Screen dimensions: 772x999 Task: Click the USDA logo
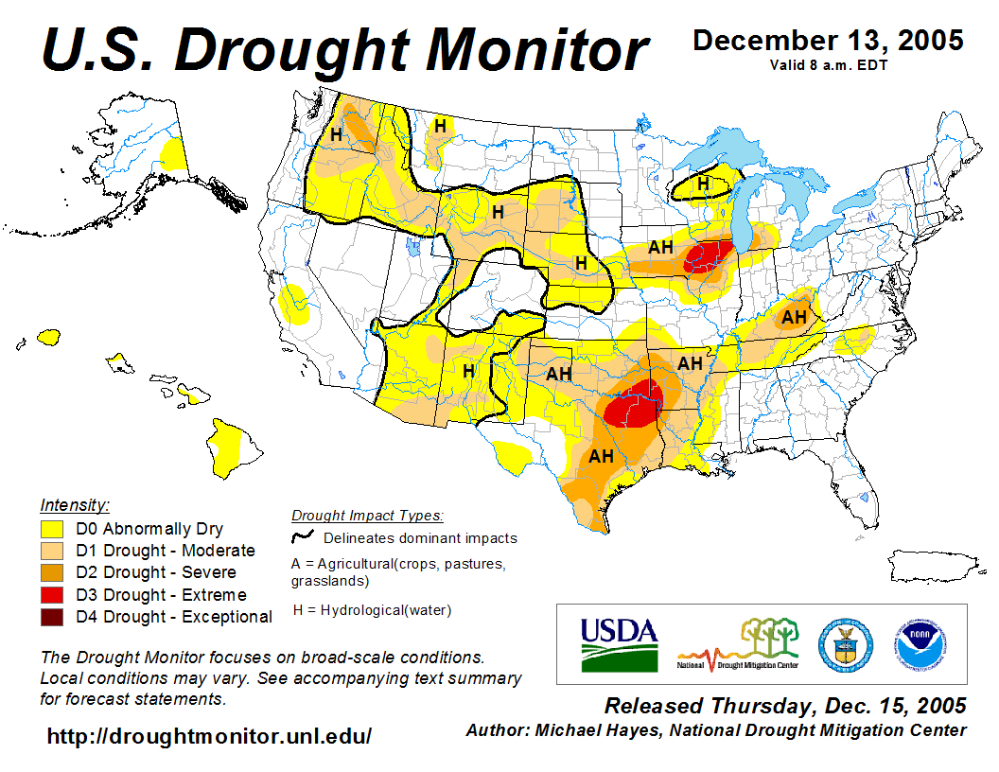click(619, 644)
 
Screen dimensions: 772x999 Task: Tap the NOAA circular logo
click(915, 644)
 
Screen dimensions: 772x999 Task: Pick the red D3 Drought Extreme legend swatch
click(52, 595)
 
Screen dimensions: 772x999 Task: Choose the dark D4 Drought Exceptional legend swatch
click(52, 617)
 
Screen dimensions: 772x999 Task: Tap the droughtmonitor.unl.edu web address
click(209, 735)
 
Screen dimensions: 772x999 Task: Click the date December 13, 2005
click(828, 41)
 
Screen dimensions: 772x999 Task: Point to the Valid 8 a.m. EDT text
click(828, 64)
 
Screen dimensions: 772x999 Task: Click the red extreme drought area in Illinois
click(709, 255)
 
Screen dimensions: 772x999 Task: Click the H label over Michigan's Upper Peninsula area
click(703, 184)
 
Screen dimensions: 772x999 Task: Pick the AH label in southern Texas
click(602, 456)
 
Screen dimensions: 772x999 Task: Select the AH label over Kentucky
click(794, 316)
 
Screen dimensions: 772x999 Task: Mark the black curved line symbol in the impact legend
click(303, 537)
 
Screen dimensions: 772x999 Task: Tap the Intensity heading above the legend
click(75, 504)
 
